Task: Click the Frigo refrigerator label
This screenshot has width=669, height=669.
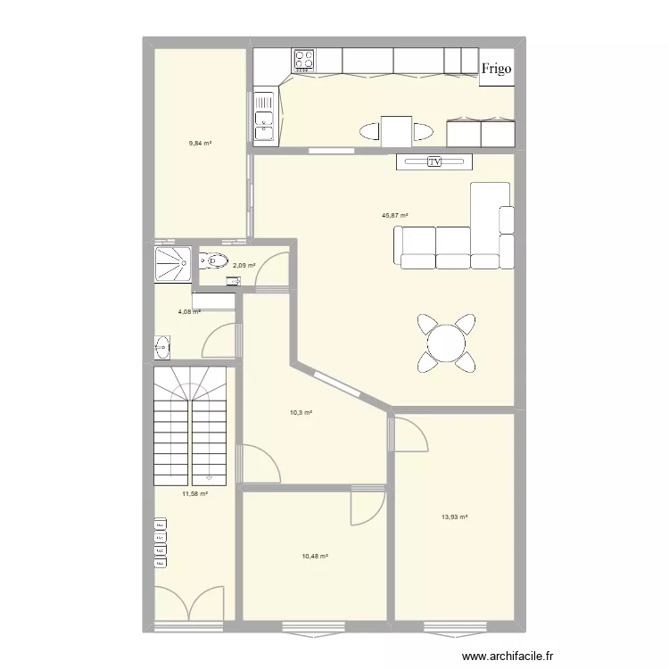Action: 497,69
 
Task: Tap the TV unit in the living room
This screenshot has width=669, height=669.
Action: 434,162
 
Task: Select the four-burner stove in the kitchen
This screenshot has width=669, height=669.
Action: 304,60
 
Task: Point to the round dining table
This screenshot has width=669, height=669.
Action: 445,342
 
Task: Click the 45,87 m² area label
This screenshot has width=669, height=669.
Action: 394,215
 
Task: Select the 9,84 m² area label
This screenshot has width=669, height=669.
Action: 200,143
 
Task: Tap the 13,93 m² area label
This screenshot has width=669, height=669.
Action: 455,516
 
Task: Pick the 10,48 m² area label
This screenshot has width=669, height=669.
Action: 315,556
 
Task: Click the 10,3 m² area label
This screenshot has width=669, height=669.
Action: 301,413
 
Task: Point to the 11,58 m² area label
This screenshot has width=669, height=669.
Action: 194,493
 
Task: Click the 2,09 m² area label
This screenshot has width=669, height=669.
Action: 244,265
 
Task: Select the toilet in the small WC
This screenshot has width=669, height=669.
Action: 212,261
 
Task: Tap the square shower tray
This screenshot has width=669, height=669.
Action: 171,264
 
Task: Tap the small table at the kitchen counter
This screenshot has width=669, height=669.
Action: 396,131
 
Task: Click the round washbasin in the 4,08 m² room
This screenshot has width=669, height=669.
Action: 162,346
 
